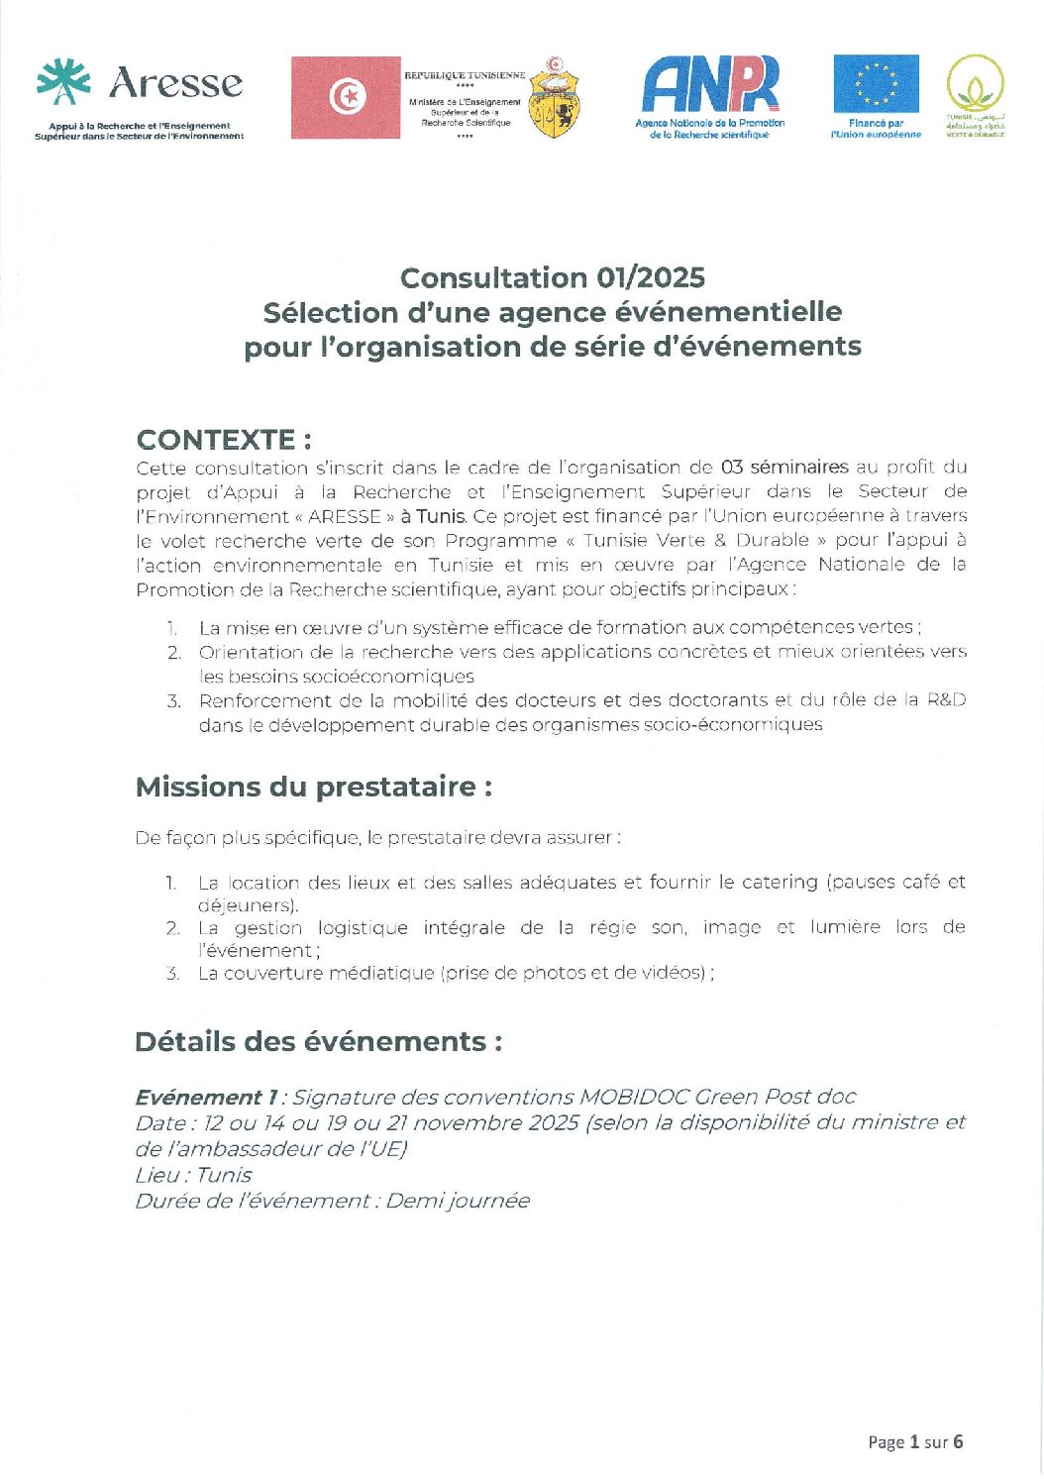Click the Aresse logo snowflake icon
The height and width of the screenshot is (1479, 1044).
(x=63, y=82)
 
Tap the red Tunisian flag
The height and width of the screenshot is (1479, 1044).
(x=346, y=97)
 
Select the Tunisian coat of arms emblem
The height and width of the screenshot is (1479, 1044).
(x=555, y=98)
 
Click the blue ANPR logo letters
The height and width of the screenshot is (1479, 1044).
(x=710, y=84)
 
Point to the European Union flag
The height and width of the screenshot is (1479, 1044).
(x=876, y=84)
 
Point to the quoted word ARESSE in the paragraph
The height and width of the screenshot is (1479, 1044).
(x=345, y=516)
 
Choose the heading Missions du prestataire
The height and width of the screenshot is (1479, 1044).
(x=314, y=788)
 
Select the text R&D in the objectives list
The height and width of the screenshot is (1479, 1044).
(x=946, y=700)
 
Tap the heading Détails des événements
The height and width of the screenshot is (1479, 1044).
(x=318, y=1042)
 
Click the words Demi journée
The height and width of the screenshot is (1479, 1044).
(x=458, y=1201)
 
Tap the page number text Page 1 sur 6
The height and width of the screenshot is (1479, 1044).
(x=915, y=1441)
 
